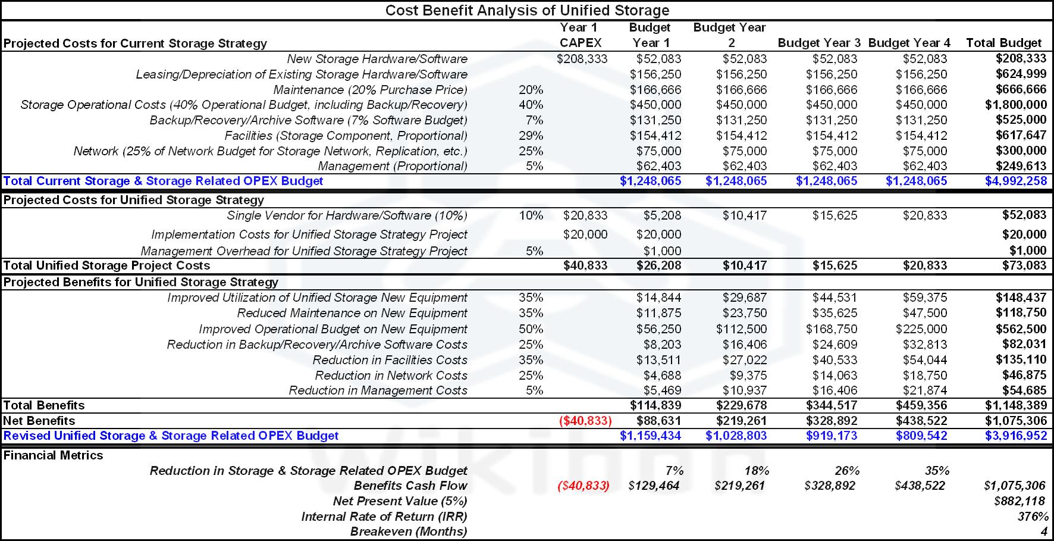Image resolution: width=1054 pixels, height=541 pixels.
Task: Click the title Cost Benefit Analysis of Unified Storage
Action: [527, 10]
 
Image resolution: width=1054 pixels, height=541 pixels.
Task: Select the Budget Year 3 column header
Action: [818, 43]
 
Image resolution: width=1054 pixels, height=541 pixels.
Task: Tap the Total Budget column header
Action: [1003, 43]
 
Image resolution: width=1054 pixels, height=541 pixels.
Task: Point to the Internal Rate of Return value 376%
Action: [1033, 517]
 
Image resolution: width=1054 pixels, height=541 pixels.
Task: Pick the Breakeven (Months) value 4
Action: [1043, 531]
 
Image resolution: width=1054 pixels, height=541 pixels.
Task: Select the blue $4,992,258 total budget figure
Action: [1015, 181]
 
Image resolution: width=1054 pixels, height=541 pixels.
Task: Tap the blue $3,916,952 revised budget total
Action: [1015, 436]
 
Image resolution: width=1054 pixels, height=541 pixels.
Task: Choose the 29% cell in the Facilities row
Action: [531, 136]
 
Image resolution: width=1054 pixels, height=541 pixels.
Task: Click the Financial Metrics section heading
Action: [54, 455]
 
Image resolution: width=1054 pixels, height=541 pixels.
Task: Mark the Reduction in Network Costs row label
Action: [391, 376]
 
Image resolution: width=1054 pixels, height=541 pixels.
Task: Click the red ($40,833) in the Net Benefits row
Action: [585, 421]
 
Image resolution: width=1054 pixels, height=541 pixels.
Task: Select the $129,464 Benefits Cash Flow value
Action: [654, 486]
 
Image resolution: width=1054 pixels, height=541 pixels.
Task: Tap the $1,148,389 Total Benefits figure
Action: [1015, 405]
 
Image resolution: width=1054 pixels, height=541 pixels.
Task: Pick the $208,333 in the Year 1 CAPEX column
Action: [582, 59]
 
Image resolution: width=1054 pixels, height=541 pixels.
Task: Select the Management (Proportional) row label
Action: [393, 166]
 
